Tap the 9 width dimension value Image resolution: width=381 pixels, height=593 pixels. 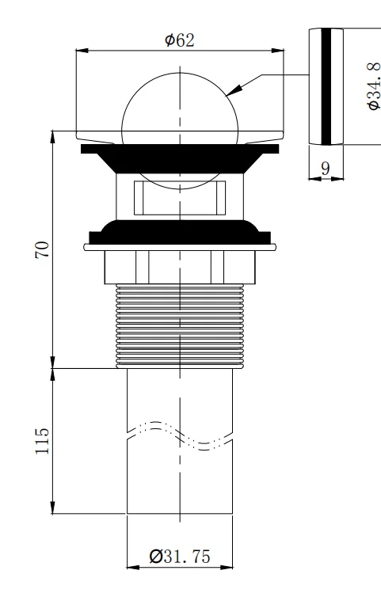[x=325, y=167]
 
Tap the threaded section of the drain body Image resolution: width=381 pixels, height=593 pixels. [x=181, y=325]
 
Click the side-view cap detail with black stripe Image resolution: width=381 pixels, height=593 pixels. [x=325, y=86]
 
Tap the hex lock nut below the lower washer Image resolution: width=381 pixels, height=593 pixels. [x=181, y=267]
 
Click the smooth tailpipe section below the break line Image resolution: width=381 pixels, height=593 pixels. [x=181, y=483]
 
